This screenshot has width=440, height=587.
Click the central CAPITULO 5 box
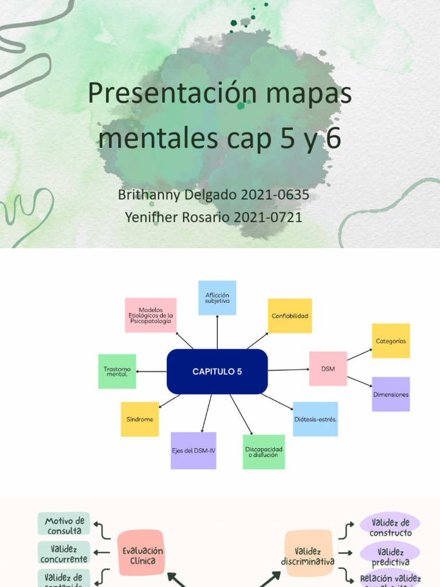[x=217, y=371]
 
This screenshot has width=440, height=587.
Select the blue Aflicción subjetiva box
[x=217, y=298]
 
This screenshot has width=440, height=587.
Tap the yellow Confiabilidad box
[x=290, y=316]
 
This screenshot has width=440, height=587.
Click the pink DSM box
[x=328, y=369]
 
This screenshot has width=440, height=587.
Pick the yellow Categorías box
[x=391, y=341]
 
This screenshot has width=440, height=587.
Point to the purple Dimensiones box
[x=391, y=394]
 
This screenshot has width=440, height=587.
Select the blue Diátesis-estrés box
[x=315, y=419]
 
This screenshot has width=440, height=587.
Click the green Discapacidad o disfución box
[x=264, y=452]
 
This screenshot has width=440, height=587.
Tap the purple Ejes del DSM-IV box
[x=194, y=451]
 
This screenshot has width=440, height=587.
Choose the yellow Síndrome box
[x=140, y=419]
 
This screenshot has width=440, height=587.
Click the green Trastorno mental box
[x=117, y=371]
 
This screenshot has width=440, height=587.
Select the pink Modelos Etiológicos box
[x=151, y=315]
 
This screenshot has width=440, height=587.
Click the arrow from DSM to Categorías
[x=359, y=355]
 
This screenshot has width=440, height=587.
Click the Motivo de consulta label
[x=64, y=525]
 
